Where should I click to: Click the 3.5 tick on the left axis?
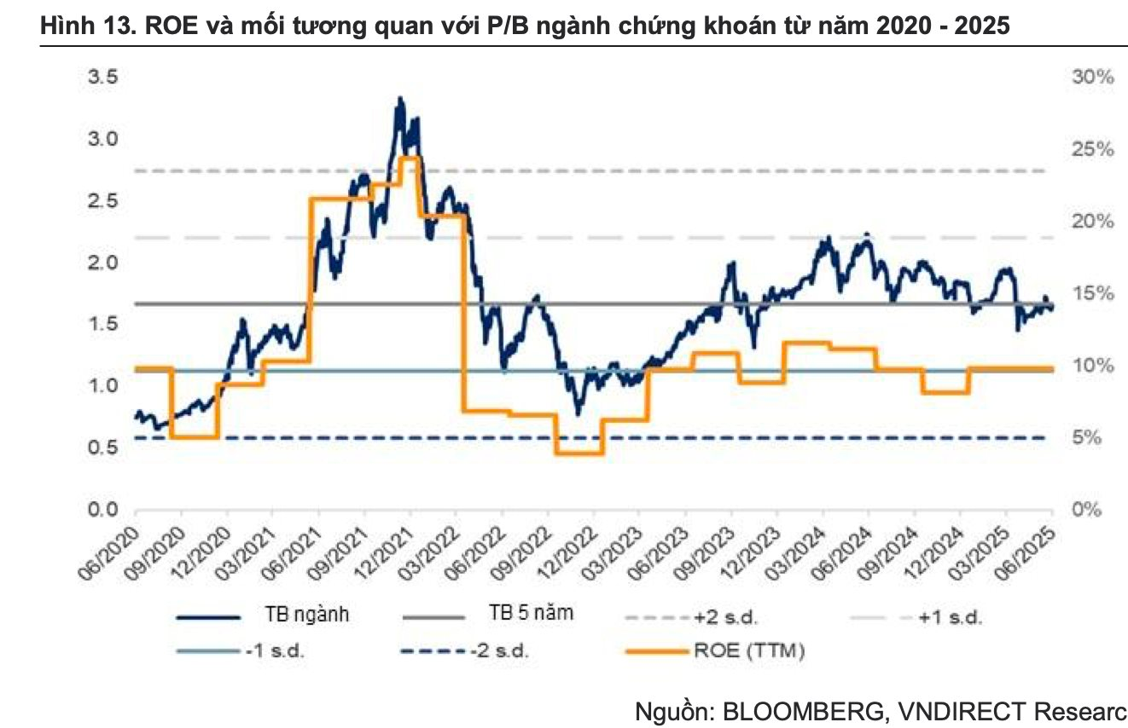click(105, 77)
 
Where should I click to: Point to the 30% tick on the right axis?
click(1091, 77)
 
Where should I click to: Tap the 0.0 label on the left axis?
click(105, 510)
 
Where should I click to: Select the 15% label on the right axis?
click(1091, 293)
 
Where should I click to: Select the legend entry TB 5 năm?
click(531, 615)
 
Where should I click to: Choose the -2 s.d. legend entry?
click(500, 652)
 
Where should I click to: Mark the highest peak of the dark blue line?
click(399, 100)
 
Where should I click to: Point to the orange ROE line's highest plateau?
click(408, 159)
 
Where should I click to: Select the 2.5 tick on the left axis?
click(105, 200)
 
